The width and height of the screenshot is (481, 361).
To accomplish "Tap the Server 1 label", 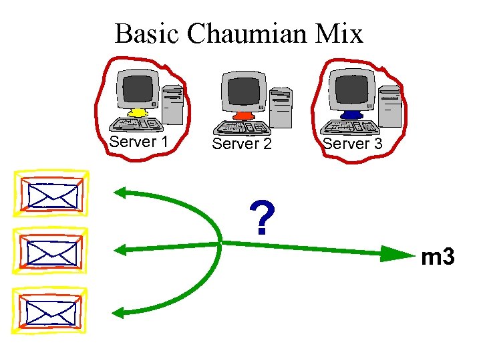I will point(138,142).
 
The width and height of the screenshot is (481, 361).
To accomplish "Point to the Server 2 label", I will point(242,144).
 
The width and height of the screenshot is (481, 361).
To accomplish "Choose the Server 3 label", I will point(352,144).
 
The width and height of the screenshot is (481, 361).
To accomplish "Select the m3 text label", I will point(438,256).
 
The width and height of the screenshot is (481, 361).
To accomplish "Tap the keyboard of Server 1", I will point(138,124).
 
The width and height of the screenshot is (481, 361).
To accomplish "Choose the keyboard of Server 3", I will point(351,127).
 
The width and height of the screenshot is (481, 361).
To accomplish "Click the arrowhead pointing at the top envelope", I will point(122,193).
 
